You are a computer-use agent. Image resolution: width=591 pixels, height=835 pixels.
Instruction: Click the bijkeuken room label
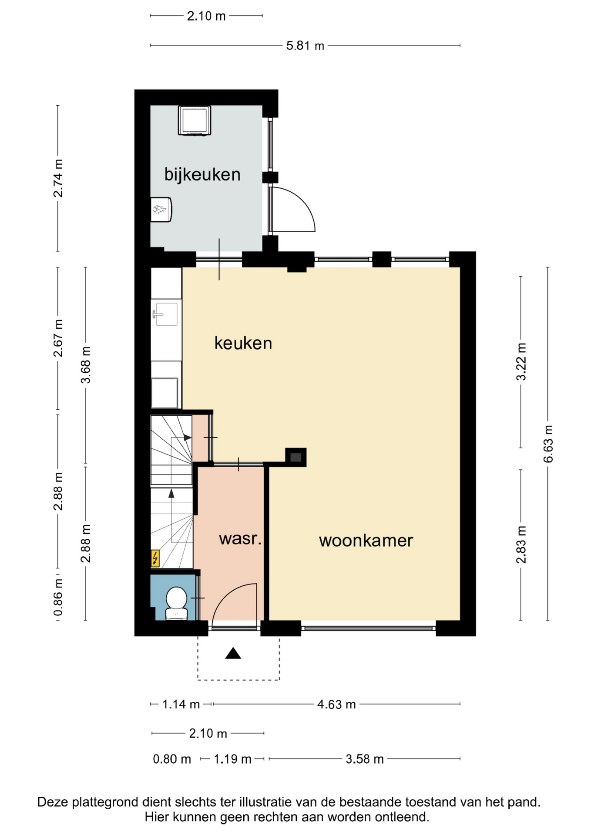click(202, 174)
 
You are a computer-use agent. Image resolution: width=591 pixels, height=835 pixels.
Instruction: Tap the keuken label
click(243, 343)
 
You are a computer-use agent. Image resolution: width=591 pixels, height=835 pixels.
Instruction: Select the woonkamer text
click(366, 541)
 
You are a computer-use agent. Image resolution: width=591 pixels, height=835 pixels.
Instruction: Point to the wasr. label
click(240, 539)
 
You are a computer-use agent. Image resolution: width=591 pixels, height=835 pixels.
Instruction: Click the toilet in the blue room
click(177, 603)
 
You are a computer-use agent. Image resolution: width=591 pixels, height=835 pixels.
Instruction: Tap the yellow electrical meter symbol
click(155, 558)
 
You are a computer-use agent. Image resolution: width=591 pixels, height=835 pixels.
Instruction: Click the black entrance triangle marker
click(233, 653)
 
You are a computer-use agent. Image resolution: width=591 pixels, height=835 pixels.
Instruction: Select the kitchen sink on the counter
click(165, 314)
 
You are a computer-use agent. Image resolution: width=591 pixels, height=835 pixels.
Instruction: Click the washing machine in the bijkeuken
click(195, 120)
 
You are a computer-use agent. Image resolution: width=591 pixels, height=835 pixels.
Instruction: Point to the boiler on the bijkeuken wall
click(161, 210)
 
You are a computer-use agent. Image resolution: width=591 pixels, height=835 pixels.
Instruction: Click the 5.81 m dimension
click(305, 45)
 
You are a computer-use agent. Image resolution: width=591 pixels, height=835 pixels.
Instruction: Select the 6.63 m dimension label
click(548, 444)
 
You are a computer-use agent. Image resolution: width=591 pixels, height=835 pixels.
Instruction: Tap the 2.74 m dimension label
click(58, 178)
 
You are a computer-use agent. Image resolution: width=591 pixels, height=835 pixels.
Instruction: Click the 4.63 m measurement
click(336, 704)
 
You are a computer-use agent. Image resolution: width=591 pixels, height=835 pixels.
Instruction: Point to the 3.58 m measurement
click(365, 759)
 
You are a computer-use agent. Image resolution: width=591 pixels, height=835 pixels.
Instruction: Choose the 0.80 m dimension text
click(172, 759)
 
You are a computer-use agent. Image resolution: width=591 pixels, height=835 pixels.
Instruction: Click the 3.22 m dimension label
click(521, 361)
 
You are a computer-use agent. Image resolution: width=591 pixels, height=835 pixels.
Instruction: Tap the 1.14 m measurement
click(181, 704)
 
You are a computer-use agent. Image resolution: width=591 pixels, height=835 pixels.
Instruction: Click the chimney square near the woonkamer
click(296, 457)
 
